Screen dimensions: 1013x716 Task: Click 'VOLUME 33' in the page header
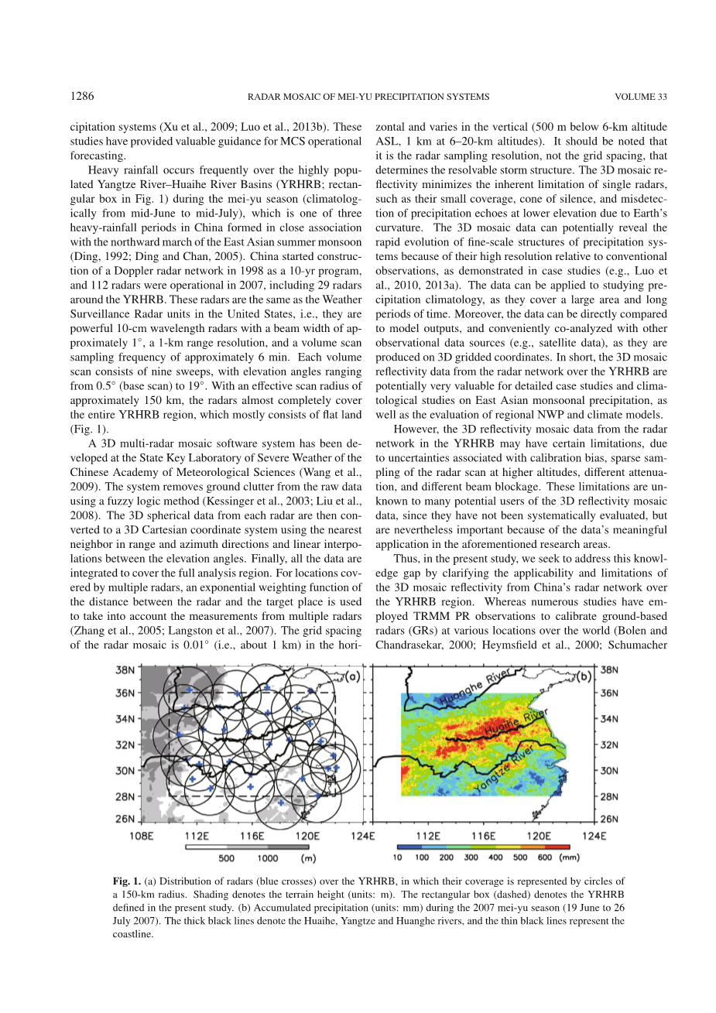tap(640, 97)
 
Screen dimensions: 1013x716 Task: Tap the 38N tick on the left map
tap(126, 669)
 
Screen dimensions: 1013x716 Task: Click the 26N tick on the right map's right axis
tap(609, 819)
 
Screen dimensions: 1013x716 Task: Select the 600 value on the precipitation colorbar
tap(543, 857)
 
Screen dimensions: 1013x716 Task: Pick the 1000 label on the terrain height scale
tap(268, 857)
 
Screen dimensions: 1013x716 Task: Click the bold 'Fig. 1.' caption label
tap(127, 881)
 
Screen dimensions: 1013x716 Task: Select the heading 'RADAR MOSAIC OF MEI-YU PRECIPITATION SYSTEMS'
tap(368, 97)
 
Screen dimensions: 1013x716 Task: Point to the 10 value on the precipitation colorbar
tap(397, 857)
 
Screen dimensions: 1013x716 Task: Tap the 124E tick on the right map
tap(594, 835)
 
